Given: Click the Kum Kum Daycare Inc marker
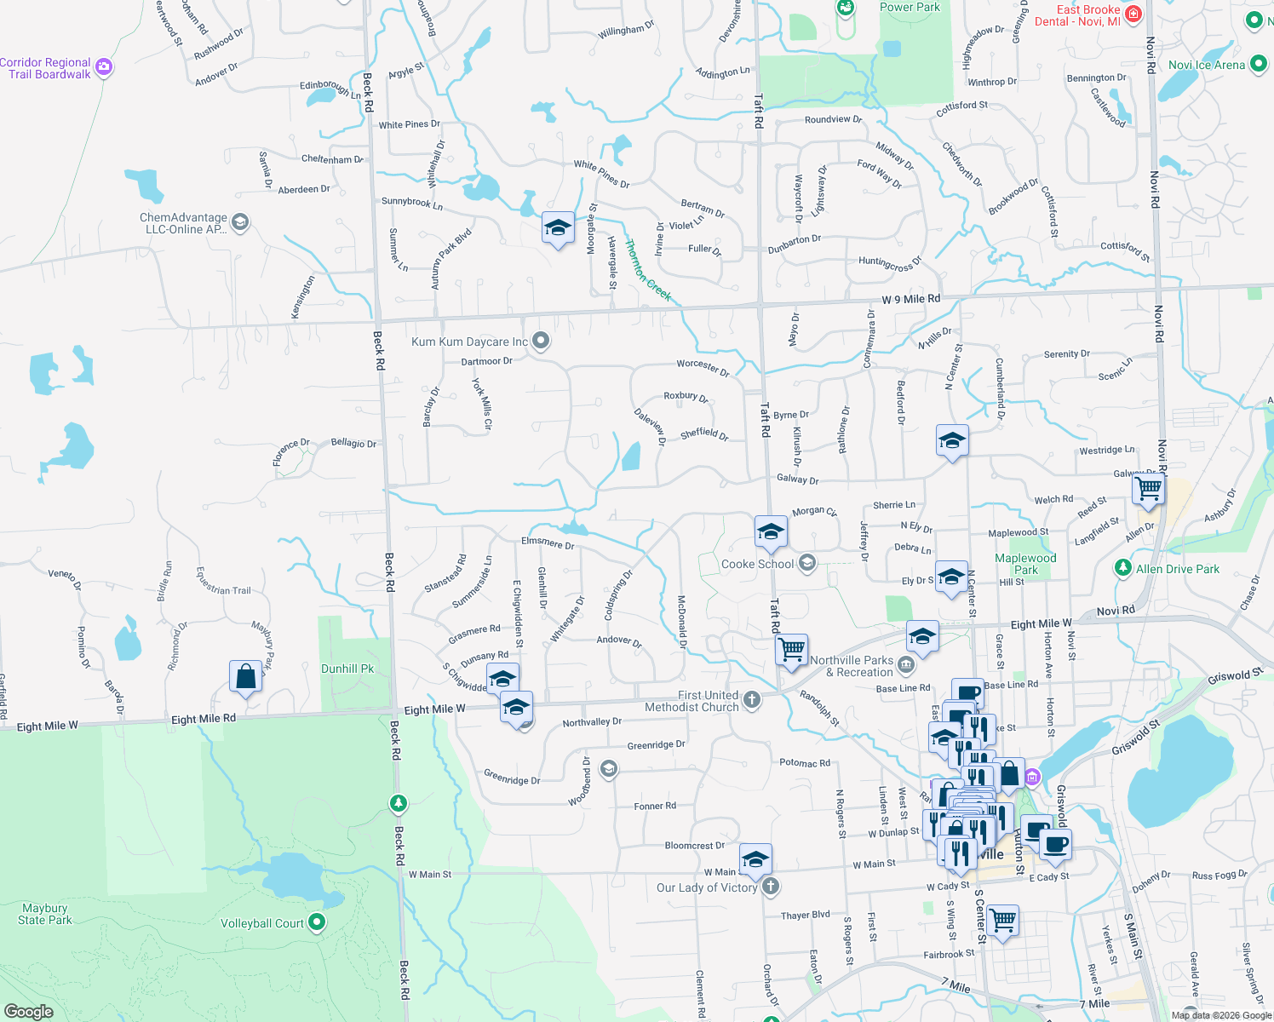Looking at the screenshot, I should [540, 342].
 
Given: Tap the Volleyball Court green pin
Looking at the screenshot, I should [317, 922].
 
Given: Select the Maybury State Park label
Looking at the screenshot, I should [45, 914].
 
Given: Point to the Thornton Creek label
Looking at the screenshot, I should [648, 270].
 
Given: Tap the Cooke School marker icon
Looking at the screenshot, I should [806, 563].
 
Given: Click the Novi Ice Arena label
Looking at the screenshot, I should [1206, 65].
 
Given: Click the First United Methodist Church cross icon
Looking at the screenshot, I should [751, 700].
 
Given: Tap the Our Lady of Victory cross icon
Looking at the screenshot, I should [770, 887].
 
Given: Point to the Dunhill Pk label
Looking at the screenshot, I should [347, 669].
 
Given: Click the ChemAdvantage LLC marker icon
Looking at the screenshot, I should [239, 222].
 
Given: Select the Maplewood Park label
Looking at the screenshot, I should [1025, 564].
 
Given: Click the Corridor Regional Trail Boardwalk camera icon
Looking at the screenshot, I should [104, 67].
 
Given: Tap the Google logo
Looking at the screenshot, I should [28, 1011].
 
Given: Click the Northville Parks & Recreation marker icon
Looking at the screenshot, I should [905, 664].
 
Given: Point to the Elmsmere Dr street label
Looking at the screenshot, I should [548, 543].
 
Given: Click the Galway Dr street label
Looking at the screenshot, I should [797, 479].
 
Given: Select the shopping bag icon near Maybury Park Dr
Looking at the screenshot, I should [245, 676].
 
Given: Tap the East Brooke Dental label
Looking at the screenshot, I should [1077, 15].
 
